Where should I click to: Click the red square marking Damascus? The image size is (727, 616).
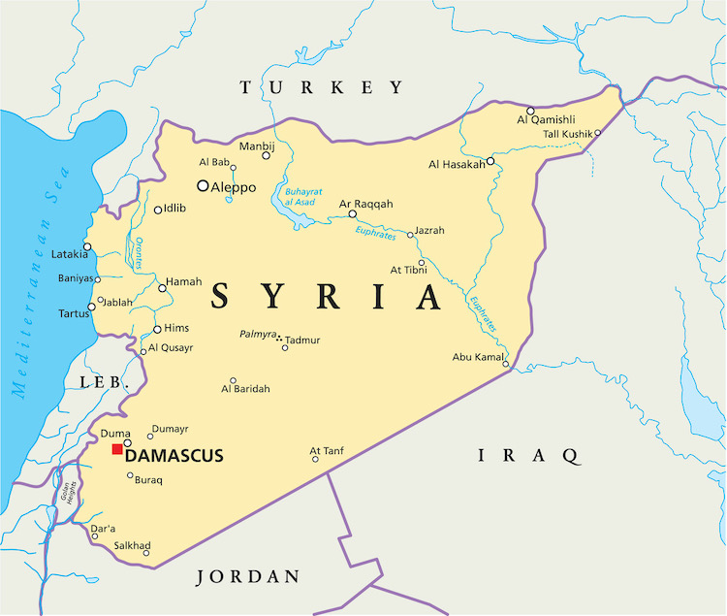(x=117, y=448)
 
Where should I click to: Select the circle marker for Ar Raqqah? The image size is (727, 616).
(x=352, y=214)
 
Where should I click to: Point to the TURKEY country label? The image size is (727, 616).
(x=321, y=88)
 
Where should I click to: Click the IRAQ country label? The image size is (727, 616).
(x=529, y=454)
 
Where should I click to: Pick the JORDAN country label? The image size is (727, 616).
(x=248, y=577)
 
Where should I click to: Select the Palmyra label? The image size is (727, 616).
(x=257, y=334)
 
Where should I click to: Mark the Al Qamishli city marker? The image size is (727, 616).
(x=530, y=111)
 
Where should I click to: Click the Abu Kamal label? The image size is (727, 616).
(x=478, y=357)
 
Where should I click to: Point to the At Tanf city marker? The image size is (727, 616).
(x=315, y=459)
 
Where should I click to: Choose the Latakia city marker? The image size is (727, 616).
(x=87, y=246)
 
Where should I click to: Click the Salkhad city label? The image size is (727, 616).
(x=131, y=545)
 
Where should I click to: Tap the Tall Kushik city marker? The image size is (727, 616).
(x=598, y=133)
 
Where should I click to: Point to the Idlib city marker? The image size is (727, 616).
(x=158, y=210)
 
